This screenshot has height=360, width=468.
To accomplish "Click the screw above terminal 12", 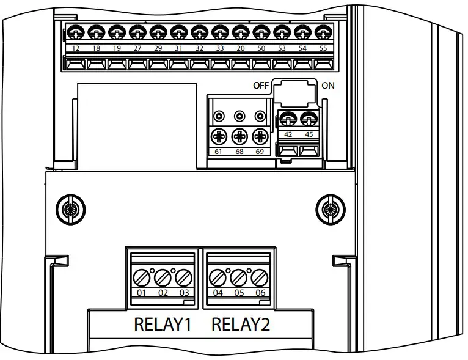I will coord(76,32).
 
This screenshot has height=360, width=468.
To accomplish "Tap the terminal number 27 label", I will coord(137,48).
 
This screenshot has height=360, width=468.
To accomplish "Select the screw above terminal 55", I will coord(323,32).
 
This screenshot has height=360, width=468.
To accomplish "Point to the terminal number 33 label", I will coord(220,48).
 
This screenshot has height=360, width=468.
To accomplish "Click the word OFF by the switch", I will coord(261,86).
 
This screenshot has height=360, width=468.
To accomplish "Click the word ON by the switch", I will coord(328,86).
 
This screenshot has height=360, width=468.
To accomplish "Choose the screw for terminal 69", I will coord(260,135).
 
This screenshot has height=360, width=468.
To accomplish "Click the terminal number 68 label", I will coord(240,150).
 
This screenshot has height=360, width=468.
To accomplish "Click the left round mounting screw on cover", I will coord(71,210).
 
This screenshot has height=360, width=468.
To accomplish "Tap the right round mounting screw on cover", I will coord(330,210).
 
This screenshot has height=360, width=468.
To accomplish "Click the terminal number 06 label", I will coord(259,293).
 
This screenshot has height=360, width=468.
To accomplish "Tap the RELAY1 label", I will coord(163,325).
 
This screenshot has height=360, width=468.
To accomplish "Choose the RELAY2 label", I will coord(240,325).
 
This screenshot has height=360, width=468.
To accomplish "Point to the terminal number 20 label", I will coord(241,48).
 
